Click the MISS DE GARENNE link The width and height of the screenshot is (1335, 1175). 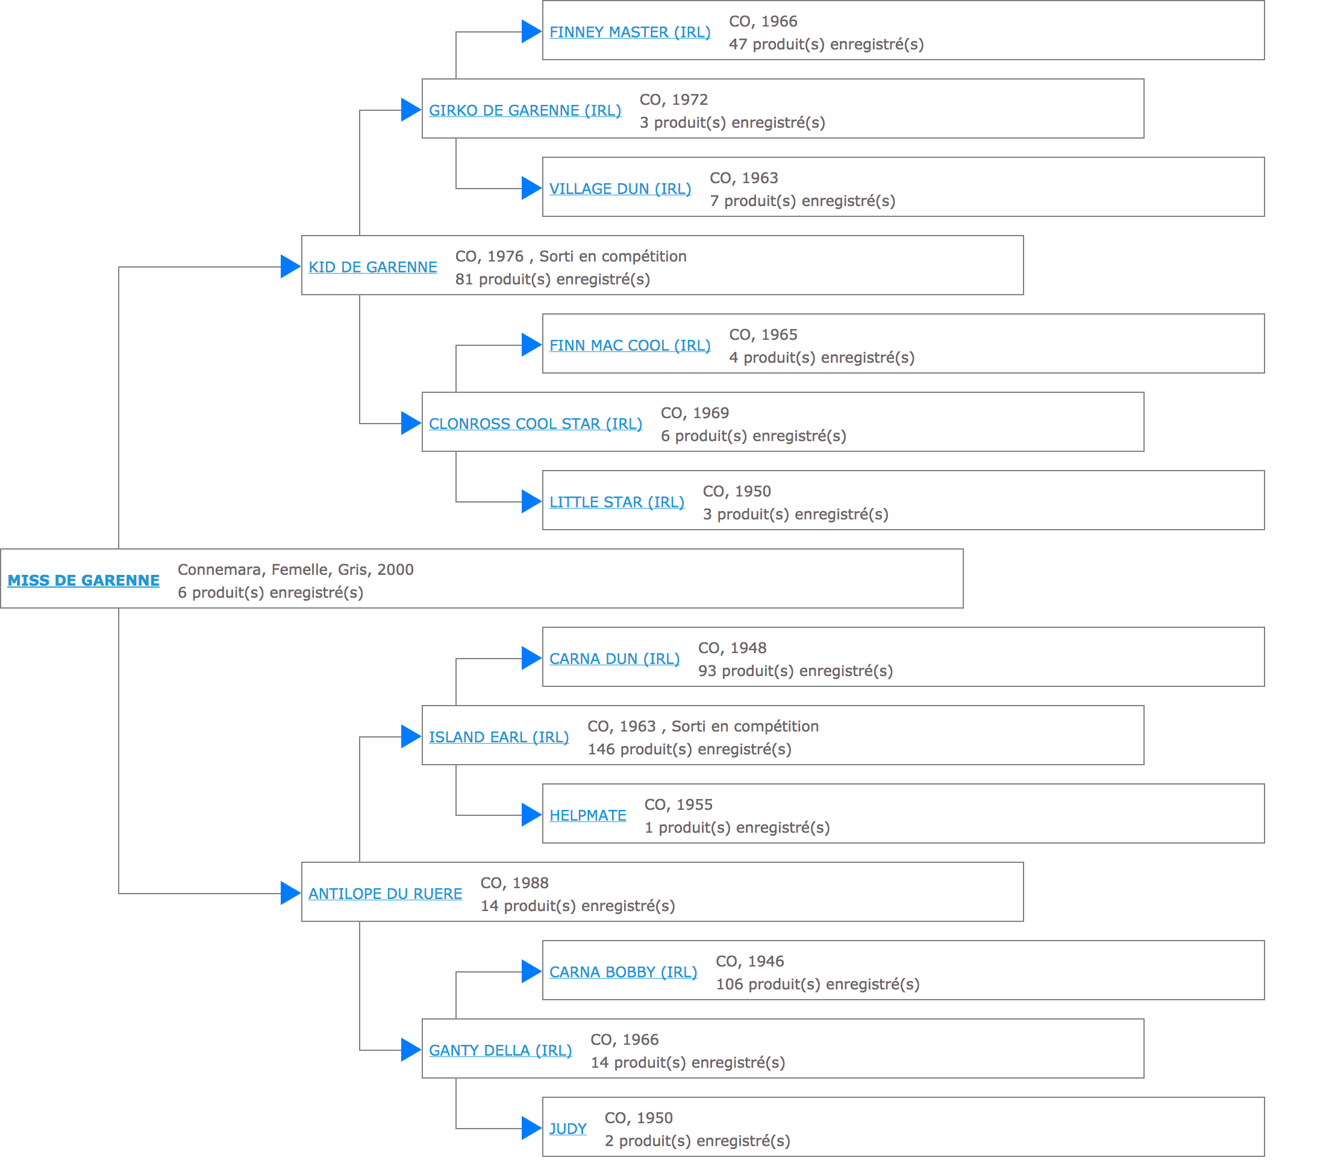tap(84, 580)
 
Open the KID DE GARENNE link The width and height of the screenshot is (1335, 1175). tap(373, 267)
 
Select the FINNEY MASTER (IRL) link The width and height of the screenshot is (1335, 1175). tap(630, 32)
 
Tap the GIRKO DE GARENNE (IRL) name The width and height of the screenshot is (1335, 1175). tap(525, 110)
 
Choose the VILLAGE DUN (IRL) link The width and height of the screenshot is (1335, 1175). tap(620, 189)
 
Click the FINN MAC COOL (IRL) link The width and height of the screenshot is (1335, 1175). tap(630, 345)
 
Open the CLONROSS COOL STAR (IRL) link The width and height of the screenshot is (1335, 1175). tap(536, 424)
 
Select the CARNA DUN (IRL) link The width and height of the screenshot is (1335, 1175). tap(614, 659)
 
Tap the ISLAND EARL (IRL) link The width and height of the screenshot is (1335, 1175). tap(499, 738)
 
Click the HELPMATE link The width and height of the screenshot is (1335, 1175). tap(588, 816)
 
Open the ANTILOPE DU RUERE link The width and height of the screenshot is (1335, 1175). tap(386, 894)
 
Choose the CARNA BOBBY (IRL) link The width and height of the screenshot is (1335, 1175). tap(623, 973)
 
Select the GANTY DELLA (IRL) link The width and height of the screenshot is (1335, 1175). tap(500, 1051)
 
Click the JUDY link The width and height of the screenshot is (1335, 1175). tap(568, 1129)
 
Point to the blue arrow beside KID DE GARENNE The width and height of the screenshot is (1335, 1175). tap(290, 266)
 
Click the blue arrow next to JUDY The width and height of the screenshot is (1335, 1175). tap(531, 1128)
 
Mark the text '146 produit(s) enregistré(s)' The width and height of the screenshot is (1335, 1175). tap(690, 749)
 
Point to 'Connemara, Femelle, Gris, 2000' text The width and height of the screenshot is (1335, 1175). tap(296, 569)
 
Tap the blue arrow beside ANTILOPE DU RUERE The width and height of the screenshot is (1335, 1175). tap(290, 893)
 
